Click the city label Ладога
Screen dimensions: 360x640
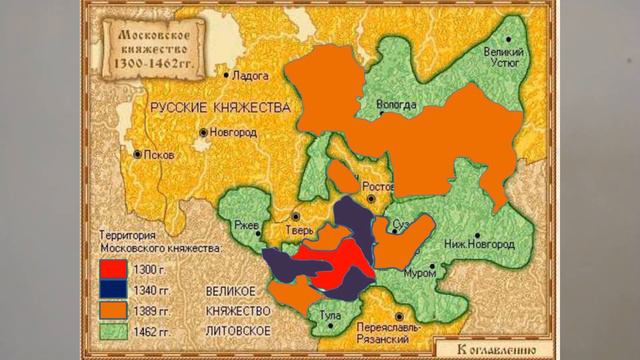(257, 74)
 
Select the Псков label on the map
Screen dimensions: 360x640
(159, 155)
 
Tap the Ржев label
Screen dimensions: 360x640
(245, 223)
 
